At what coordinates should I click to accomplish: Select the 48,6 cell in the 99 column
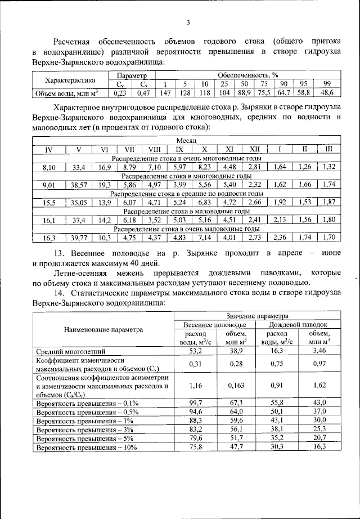tap(327, 92)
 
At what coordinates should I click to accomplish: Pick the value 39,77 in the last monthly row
tap(79, 238)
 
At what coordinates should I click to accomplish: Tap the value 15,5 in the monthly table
tap(48, 202)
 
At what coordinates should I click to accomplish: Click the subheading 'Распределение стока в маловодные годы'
tap(186, 211)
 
